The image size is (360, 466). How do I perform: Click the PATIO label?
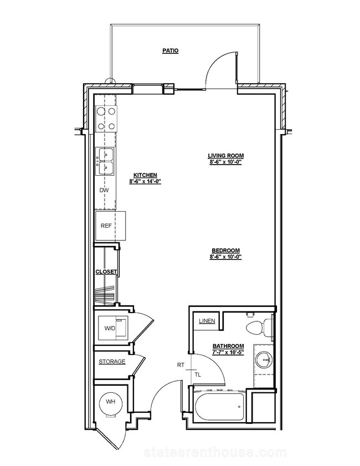[x=171, y=51]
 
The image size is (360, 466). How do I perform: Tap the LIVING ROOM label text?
[x=226, y=156]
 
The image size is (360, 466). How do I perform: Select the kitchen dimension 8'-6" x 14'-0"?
[x=145, y=181]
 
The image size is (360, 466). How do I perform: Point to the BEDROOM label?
[x=225, y=250]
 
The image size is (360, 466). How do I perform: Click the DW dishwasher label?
[x=104, y=190]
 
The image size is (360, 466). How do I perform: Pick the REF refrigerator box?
[x=110, y=226]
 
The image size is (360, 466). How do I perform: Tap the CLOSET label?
[x=106, y=272]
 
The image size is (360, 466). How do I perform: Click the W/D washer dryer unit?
[x=114, y=328]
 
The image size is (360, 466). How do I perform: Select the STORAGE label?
[x=112, y=362]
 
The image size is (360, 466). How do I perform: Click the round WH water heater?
[x=111, y=402]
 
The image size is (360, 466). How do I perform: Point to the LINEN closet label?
[x=207, y=321]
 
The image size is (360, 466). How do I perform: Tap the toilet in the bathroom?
[x=259, y=327]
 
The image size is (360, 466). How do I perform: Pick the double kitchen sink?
[x=105, y=161]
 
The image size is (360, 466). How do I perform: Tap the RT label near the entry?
[x=181, y=365]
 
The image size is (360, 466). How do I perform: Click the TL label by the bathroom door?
[x=198, y=375]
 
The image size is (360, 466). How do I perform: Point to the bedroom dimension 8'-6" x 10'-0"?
[x=225, y=257]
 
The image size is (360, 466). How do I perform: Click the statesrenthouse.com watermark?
[x=215, y=453]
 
